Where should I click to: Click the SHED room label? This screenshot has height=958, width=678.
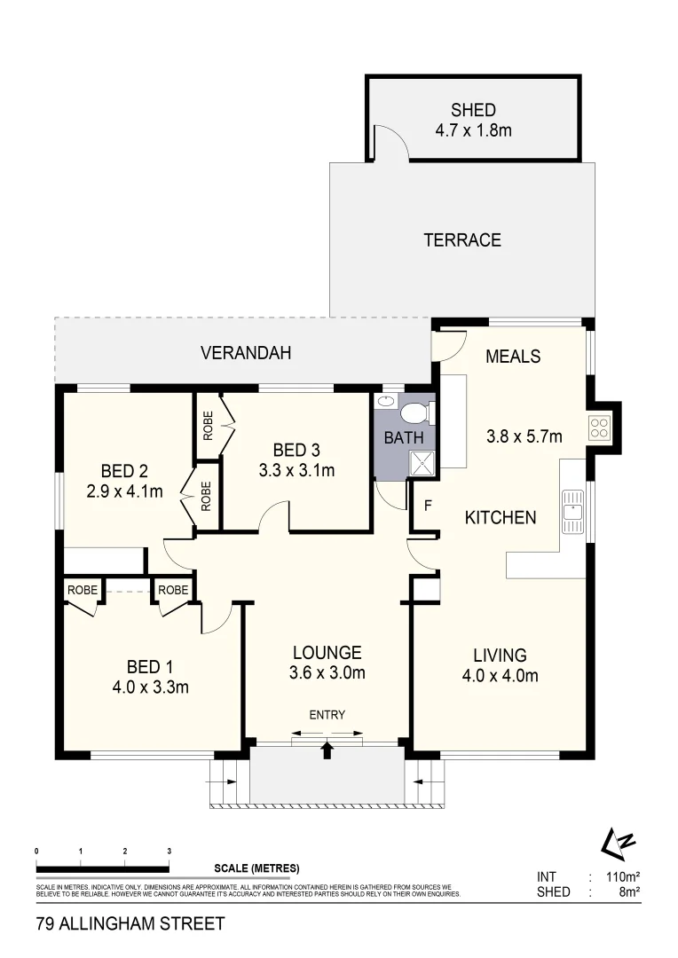click(x=473, y=111)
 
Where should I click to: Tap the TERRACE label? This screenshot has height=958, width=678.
click(x=462, y=240)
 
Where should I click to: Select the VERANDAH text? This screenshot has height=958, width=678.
click(x=246, y=353)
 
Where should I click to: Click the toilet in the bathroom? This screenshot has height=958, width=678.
click(x=416, y=412)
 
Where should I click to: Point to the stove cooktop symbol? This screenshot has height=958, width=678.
click(x=599, y=428)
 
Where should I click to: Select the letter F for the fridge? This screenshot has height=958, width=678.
click(x=427, y=508)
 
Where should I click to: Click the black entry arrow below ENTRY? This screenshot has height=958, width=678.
click(x=327, y=750)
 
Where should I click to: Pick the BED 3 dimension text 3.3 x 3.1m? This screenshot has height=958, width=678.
click(x=296, y=470)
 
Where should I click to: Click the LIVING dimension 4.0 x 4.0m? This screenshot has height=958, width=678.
click(x=500, y=676)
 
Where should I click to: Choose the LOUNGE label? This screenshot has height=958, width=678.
click(x=327, y=652)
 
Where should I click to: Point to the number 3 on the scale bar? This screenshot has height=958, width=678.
click(x=169, y=851)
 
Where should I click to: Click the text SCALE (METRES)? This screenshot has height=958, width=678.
click(x=256, y=868)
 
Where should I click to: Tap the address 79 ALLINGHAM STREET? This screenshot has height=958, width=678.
click(x=130, y=923)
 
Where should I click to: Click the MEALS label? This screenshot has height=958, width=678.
click(x=513, y=357)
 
